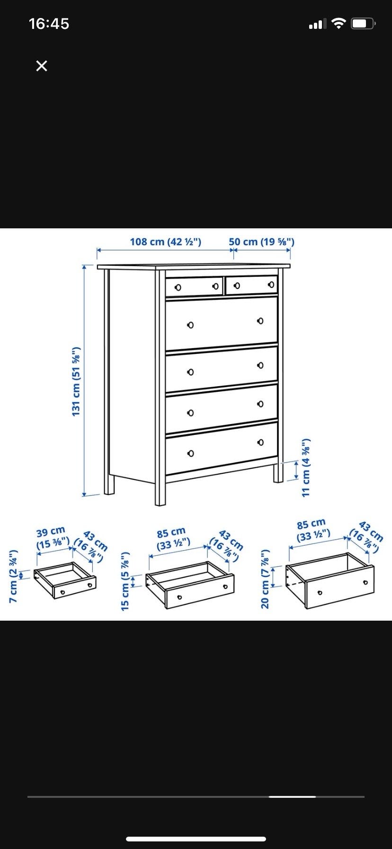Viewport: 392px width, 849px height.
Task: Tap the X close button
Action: [42, 66]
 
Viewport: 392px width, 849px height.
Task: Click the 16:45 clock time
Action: [49, 24]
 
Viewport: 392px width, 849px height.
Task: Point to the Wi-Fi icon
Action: [339, 23]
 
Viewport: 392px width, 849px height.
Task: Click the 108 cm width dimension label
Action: [166, 242]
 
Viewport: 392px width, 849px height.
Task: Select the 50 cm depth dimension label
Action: [262, 242]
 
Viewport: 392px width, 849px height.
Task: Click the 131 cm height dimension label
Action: [76, 382]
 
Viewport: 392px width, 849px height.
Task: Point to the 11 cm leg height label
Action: [306, 467]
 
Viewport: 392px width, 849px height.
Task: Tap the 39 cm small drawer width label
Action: [52, 537]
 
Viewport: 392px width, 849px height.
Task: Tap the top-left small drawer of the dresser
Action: [194, 287]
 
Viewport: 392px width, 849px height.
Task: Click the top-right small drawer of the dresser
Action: [251, 285]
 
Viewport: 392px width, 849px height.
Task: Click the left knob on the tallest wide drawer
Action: [190, 325]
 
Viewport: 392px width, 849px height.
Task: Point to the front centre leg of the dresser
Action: [160, 494]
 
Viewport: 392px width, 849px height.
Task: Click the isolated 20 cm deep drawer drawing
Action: [330, 580]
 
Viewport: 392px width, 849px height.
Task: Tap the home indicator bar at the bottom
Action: [196, 839]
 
